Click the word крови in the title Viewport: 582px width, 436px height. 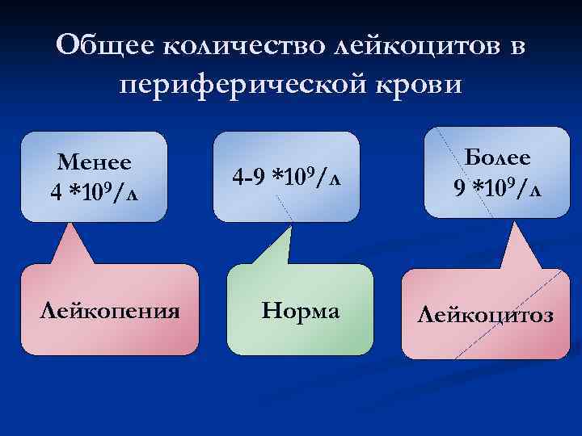click(424, 83)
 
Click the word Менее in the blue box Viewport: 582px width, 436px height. click(95, 161)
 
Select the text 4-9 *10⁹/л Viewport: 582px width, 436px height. click(286, 175)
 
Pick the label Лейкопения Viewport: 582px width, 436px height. click(110, 311)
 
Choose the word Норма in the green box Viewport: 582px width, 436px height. click(299, 311)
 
